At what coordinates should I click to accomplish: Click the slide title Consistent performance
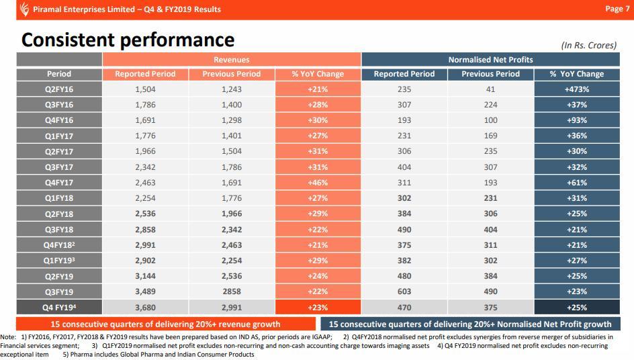128,40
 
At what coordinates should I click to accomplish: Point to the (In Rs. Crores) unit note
588,45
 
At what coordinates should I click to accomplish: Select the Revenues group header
232,60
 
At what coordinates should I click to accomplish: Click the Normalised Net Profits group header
490,60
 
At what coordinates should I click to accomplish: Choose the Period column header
59,74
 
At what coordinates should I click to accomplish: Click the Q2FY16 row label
59,89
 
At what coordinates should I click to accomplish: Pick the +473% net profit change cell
576,89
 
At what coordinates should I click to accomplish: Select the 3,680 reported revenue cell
145,308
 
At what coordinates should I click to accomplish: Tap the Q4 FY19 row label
59,308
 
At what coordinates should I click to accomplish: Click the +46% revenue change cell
318,183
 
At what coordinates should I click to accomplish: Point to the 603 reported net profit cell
404,291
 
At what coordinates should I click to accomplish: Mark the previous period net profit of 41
490,89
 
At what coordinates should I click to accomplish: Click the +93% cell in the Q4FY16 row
576,120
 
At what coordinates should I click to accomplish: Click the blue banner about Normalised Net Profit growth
470,324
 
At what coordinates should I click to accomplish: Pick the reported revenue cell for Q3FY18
145,230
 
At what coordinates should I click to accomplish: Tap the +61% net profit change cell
576,183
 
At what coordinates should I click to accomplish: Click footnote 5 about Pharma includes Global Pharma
158,354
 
